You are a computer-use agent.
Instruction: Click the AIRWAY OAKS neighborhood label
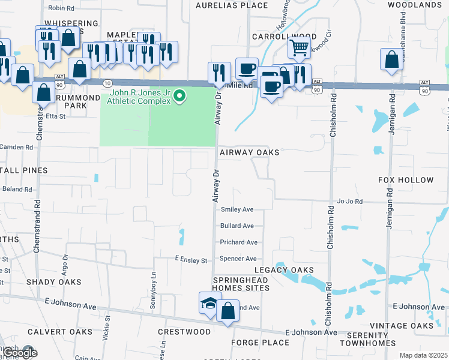point(249,152)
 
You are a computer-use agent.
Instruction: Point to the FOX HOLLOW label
point(406,180)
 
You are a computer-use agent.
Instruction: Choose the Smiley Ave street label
point(237,209)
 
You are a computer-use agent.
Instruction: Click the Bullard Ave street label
point(237,226)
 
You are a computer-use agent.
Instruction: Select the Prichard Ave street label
point(238,242)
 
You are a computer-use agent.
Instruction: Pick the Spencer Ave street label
point(238,259)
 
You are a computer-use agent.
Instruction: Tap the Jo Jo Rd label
point(350,202)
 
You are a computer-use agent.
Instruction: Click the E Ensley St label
point(191,260)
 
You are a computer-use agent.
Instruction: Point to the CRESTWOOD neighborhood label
point(184,332)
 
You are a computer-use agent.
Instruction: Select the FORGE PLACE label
point(260,343)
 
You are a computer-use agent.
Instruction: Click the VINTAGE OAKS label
point(401,326)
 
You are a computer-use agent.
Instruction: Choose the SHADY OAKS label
point(53,282)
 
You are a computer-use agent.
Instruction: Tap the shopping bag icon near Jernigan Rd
point(391,60)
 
